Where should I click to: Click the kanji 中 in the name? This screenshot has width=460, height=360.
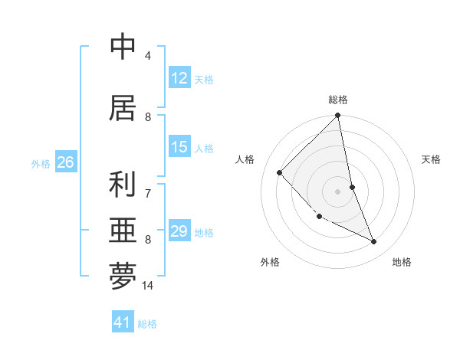[123, 47]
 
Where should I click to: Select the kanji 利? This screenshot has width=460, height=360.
[123, 185]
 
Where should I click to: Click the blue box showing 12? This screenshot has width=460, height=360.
[179, 78]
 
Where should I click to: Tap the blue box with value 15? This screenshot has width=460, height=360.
[179, 147]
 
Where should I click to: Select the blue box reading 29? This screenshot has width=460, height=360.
[179, 231]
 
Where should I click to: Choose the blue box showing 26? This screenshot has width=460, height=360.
[65, 162]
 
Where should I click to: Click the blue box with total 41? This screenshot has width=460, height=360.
[123, 322]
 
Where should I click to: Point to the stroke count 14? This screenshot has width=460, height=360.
[148, 286]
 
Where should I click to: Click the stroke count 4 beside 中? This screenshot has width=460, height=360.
[148, 55]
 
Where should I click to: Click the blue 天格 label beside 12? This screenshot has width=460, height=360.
[204, 79]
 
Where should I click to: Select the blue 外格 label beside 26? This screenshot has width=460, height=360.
[41, 163]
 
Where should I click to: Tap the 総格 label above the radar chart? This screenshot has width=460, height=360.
[338, 100]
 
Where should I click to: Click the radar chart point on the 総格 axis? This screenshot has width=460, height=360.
[338, 116]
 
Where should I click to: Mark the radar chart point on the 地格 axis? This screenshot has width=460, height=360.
[374, 242]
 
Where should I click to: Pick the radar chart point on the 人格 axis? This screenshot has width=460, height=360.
[280, 172]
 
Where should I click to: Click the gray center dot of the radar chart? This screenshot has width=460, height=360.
[337, 191]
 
